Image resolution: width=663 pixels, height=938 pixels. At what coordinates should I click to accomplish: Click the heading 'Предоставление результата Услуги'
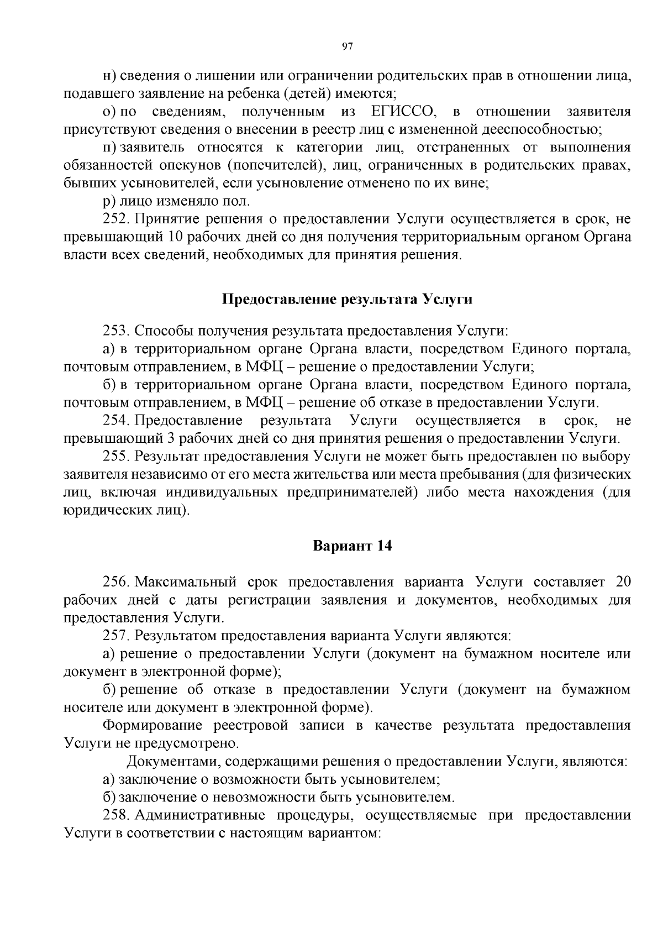click(x=347, y=300)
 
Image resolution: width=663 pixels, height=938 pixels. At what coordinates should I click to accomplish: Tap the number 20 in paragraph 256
click(x=622, y=582)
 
